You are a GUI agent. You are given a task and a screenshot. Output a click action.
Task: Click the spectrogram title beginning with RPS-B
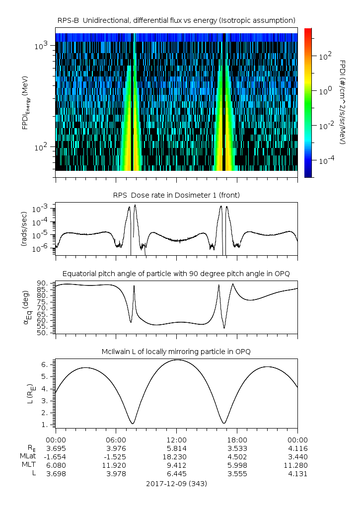pos(177,20)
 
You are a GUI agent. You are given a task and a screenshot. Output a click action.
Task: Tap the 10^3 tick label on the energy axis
pos(41,46)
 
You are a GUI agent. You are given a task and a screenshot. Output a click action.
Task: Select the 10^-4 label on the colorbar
pos(325,160)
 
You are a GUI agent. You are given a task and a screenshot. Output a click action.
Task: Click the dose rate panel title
pos(177,195)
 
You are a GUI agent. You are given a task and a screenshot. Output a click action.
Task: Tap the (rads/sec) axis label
pos(24,229)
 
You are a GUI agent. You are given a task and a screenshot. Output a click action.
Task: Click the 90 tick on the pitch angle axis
pos(43,283)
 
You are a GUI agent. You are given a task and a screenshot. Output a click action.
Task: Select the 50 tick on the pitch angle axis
pos(43,333)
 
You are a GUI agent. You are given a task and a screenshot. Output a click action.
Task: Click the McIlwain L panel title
pos(177,351)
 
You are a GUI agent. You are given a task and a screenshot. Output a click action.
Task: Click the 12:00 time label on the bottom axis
pos(177,439)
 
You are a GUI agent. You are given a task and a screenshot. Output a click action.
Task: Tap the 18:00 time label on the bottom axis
pos(237,439)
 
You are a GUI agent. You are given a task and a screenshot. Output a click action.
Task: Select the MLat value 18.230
pos(177,456)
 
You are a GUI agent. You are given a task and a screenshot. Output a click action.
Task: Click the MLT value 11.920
pos(116,465)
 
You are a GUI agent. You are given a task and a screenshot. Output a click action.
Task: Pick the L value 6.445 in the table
pos(177,473)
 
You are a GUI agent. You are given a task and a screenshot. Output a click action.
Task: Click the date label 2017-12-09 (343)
pos(177,483)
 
